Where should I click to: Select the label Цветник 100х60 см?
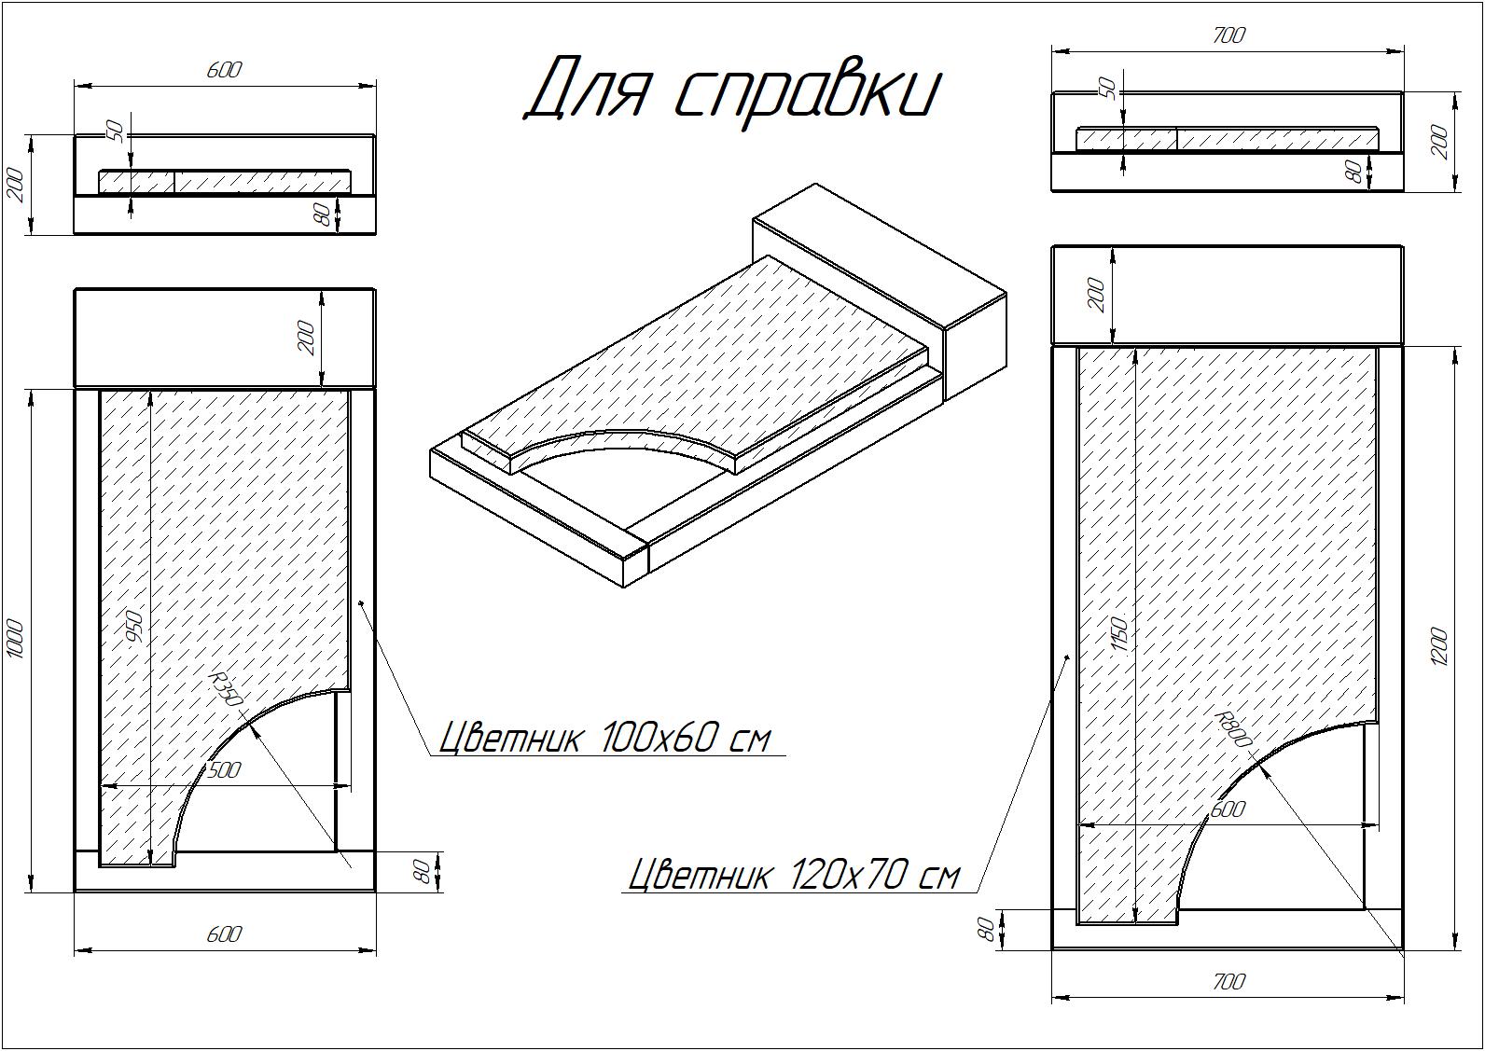[x=604, y=738]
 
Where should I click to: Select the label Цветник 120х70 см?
[x=794, y=875]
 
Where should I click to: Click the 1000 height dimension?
[x=17, y=640]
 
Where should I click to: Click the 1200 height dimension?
[x=1440, y=646]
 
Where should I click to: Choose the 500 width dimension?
[x=224, y=770]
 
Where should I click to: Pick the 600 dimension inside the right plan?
[x=1228, y=809]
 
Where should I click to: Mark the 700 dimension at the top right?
[x=1228, y=35]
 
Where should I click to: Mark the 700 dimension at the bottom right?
[x=1228, y=981]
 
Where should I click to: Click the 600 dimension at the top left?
[x=224, y=70]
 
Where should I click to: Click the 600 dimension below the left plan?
[x=224, y=934]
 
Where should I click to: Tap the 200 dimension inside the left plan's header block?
[x=306, y=338]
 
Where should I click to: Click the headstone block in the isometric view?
[x=880, y=285]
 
